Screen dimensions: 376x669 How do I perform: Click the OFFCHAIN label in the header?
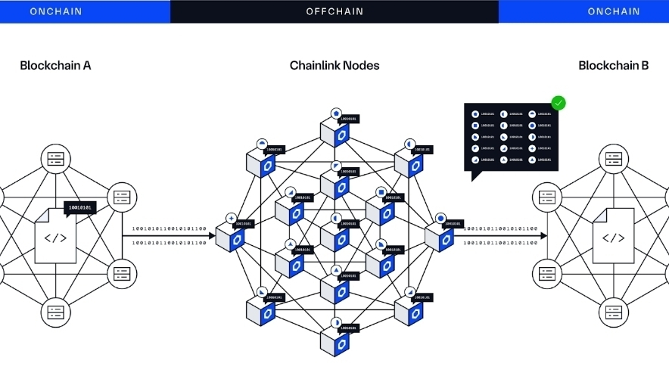coord(334,11)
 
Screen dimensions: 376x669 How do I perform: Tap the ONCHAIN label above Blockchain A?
coord(56,11)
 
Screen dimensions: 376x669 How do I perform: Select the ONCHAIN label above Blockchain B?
coord(614,11)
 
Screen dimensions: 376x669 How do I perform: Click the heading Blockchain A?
coord(55,66)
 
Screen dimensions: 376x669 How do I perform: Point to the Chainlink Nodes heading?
coord(334,66)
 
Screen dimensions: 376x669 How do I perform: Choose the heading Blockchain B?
coord(613,66)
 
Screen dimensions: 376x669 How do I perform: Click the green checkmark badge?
coord(559,103)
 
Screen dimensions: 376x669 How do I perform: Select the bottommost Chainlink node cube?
coord(334,343)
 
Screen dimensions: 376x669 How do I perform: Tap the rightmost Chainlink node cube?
coord(439,238)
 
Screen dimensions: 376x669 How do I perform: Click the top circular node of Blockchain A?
coord(56,159)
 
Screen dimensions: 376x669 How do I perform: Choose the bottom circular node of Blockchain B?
coord(613,311)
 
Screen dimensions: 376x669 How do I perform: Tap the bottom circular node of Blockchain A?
coord(56,311)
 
